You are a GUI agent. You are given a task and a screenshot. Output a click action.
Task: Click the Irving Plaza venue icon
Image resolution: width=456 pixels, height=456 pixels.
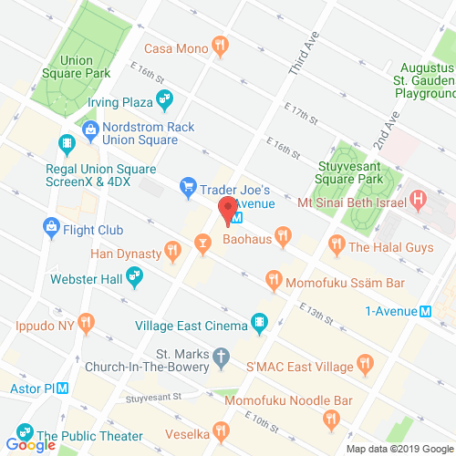coord(165,98)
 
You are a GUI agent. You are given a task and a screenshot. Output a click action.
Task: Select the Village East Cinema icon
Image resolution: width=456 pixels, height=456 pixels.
coord(260,322)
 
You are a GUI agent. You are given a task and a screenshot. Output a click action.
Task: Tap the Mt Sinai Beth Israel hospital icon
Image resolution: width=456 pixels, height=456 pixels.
coord(419,197)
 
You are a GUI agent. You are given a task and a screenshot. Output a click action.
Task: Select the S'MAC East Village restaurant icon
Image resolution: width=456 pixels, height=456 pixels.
coord(367,363)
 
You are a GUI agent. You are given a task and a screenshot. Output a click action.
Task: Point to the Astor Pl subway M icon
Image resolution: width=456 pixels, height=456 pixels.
coord(63,386)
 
